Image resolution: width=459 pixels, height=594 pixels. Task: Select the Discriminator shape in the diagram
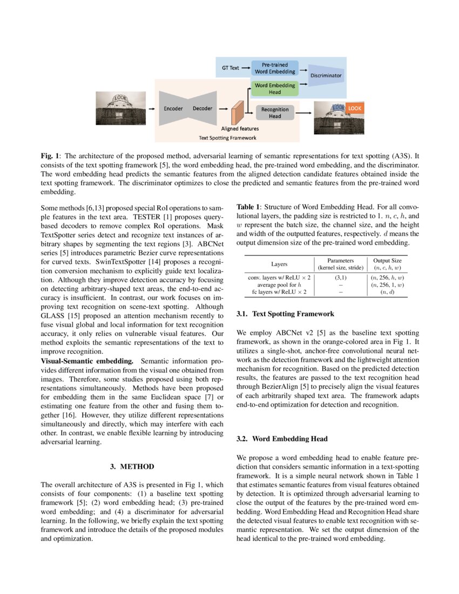click(x=325, y=76)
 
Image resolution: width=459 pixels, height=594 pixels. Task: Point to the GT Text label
click(x=231, y=68)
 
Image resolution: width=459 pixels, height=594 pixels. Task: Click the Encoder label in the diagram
click(x=173, y=108)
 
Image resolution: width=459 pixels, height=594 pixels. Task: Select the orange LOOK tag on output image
click(x=355, y=109)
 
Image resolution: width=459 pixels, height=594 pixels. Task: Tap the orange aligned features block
click(x=235, y=113)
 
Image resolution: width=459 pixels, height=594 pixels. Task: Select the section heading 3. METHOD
click(x=132, y=467)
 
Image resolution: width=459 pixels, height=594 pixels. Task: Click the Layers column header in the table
click(x=279, y=264)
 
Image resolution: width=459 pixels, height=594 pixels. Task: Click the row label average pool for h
click(x=279, y=285)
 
